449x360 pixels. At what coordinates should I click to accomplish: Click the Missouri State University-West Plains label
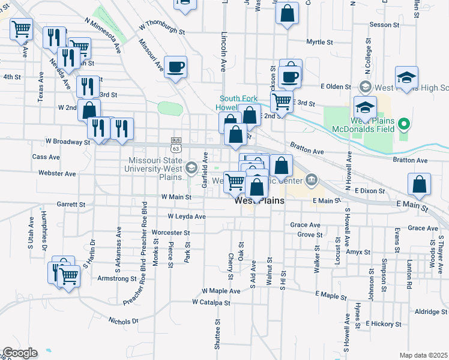pyautogui.click(x=157, y=169)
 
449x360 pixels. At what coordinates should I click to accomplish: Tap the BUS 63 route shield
pyautogui.click(x=175, y=144)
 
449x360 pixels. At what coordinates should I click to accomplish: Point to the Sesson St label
pyautogui.click(x=380, y=25)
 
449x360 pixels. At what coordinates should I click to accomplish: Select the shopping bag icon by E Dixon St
pyautogui.click(x=420, y=184)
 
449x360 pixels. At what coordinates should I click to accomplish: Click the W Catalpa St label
pyautogui.click(x=211, y=302)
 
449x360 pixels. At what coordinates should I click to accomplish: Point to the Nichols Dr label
pyautogui.click(x=124, y=321)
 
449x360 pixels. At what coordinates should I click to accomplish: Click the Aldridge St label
pyautogui.click(x=427, y=312)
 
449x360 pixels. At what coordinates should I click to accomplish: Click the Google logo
pyautogui.click(x=20, y=353)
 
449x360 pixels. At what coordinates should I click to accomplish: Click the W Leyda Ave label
pyautogui.click(x=187, y=216)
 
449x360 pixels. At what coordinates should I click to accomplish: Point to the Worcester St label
pyautogui.click(x=170, y=232)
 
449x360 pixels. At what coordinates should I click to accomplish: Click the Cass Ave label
pyautogui.click(x=46, y=157)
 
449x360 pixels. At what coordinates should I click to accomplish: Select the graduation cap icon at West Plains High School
pyautogui.click(x=406, y=77)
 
